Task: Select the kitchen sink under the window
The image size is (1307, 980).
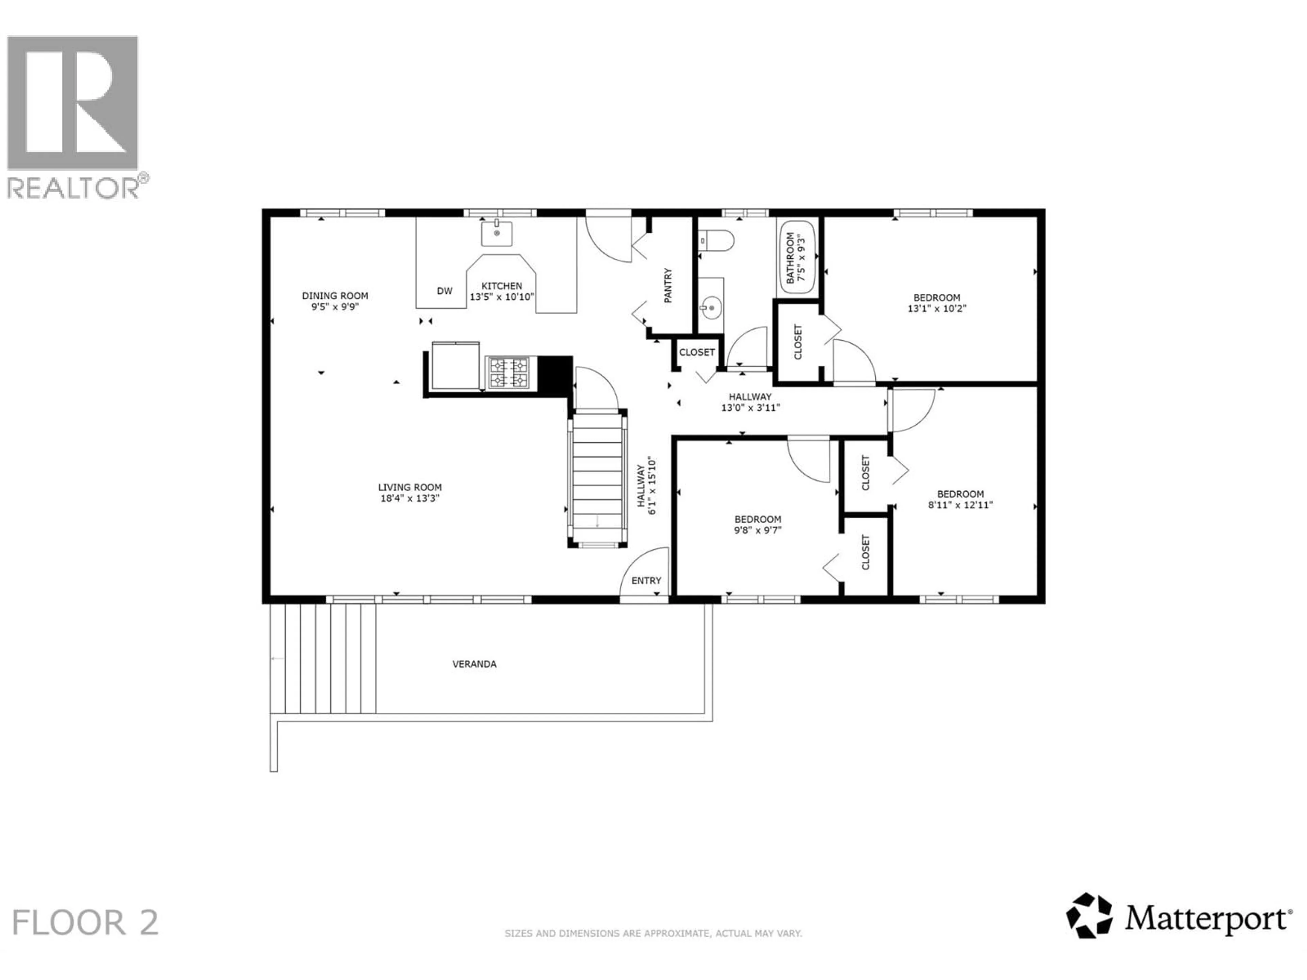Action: [496, 233]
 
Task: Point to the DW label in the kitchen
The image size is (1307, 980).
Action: [444, 291]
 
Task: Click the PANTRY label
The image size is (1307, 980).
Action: [668, 286]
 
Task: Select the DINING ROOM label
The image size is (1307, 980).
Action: [335, 295]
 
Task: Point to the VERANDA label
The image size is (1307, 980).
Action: [474, 664]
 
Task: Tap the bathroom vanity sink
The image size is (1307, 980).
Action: [711, 307]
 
